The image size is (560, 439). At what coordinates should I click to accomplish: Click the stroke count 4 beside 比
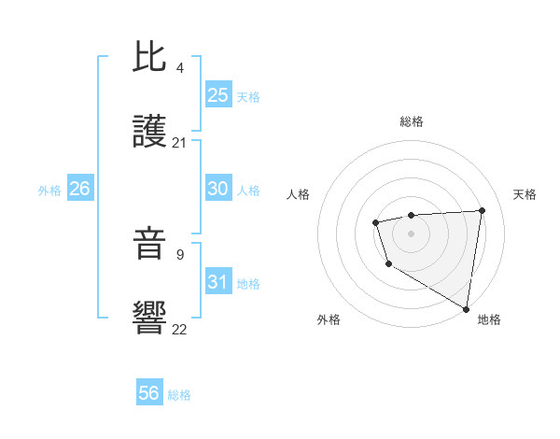click(x=179, y=67)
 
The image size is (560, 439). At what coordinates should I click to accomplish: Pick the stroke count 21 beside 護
click(x=180, y=143)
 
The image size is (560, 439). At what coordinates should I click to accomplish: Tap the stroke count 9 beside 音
click(x=179, y=254)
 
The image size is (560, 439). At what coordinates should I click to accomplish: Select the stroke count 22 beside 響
click(x=180, y=329)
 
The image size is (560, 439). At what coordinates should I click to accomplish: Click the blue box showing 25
click(x=217, y=95)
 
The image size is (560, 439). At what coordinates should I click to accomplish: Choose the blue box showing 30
click(x=217, y=189)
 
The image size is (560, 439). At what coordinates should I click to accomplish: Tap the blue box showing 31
click(x=217, y=282)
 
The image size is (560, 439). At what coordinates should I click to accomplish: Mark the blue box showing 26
click(x=79, y=189)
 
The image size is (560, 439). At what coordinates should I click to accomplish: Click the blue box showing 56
click(x=148, y=393)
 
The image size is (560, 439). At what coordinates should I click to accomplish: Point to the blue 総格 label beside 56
click(x=179, y=395)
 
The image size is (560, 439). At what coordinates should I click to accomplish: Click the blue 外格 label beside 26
click(x=49, y=191)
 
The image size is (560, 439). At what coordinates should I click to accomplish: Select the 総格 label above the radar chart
click(x=411, y=121)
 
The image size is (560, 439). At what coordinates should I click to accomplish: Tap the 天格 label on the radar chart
click(x=525, y=194)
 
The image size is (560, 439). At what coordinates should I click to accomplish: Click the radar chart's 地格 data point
click(x=466, y=308)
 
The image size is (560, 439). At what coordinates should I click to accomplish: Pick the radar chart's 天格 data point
click(x=482, y=210)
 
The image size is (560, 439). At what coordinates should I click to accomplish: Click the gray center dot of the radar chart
click(x=411, y=233)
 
